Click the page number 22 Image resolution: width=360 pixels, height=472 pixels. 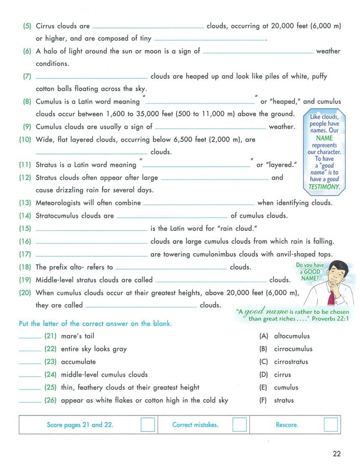pyautogui.click(x=337, y=454)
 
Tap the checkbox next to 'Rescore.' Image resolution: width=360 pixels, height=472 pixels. pyautogui.click(x=331, y=425)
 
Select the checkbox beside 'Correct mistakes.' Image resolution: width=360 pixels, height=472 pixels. pyautogui.click(x=239, y=425)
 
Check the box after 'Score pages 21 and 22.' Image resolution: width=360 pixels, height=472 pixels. pyautogui.click(x=147, y=425)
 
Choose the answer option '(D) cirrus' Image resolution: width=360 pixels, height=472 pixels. pyautogui.click(x=278, y=375)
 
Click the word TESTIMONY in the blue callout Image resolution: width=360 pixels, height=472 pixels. pyautogui.click(x=324, y=187)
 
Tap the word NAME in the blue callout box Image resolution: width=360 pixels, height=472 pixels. pyautogui.click(x=324, y=138)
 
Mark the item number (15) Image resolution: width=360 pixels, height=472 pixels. pyautogui.click(x=25, y=228)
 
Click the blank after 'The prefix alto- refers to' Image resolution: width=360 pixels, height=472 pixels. pyautogui.click(x=171, y=268)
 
